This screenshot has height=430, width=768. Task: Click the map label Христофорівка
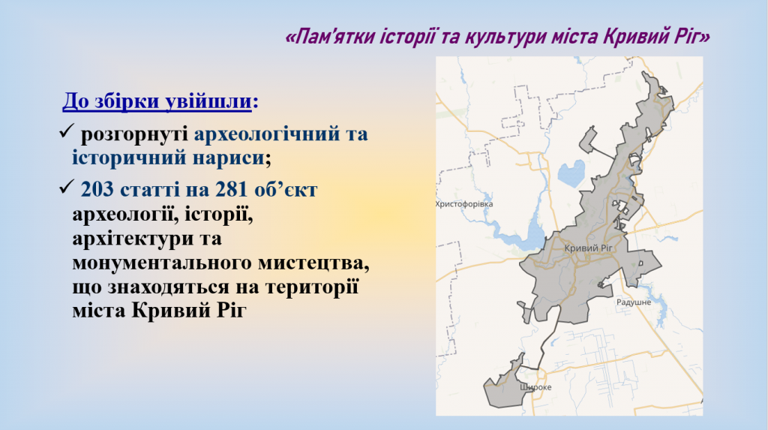464,204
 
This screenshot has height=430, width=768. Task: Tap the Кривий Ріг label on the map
588,248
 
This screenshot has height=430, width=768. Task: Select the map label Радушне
634,302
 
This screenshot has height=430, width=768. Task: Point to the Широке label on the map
535,387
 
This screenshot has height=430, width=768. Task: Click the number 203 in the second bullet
97,189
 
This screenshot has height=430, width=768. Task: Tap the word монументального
162,263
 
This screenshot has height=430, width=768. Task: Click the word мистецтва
313,263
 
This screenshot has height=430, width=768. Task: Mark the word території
312,287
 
